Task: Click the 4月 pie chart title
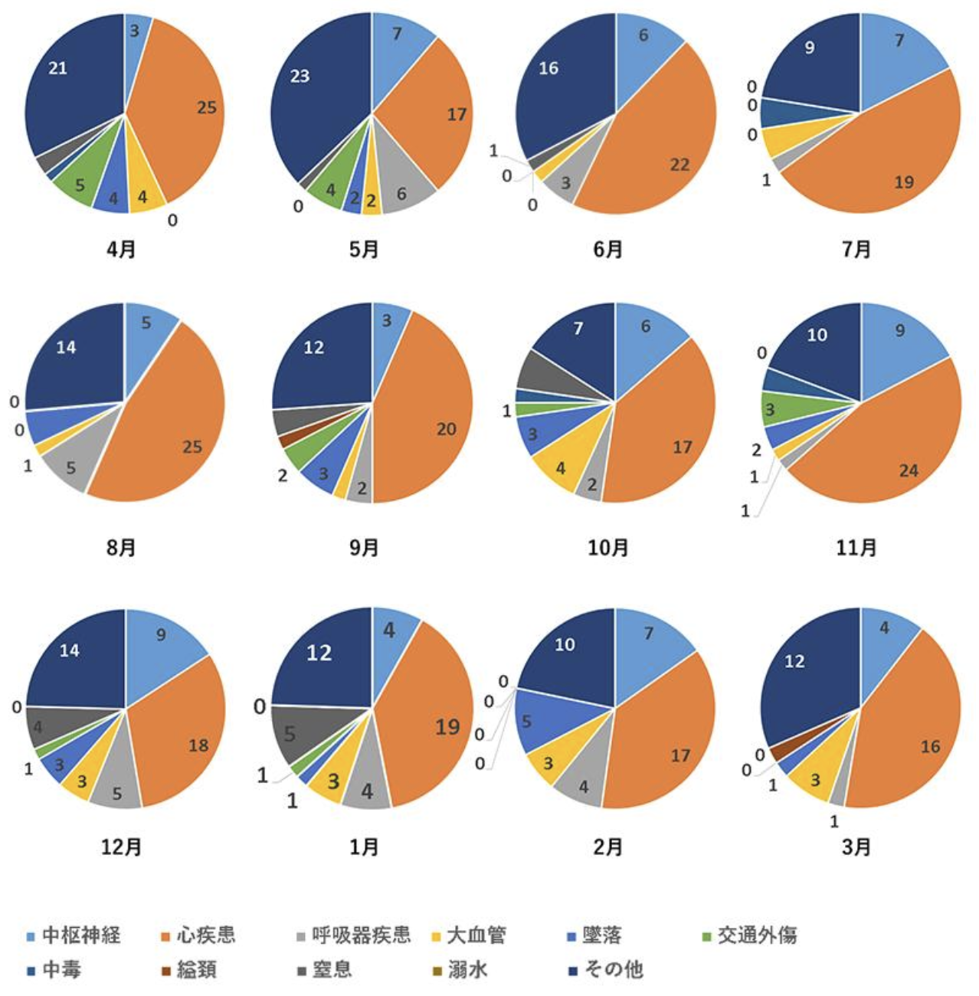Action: [x=121, y=250]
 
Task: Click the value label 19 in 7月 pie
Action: [x=904, y=182]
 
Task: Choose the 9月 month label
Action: [x=364, y=548]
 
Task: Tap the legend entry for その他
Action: [x=613, y=970]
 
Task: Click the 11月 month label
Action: [x=856, y=548]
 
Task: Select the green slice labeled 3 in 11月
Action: [x=774, y=409]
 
